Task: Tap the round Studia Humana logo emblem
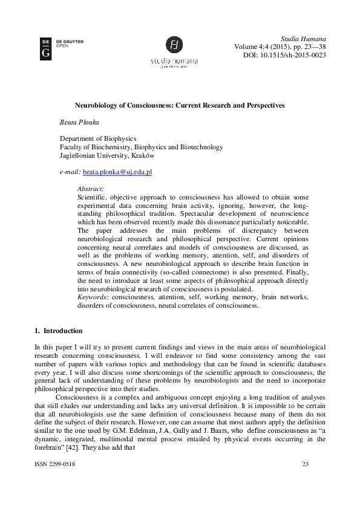point(174,45)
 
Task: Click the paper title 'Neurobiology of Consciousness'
point(179,105)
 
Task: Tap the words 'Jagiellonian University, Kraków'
point(106,155)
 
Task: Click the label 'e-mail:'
point(70,172)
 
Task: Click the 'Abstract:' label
point(91,189)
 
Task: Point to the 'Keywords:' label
point(93,297)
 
